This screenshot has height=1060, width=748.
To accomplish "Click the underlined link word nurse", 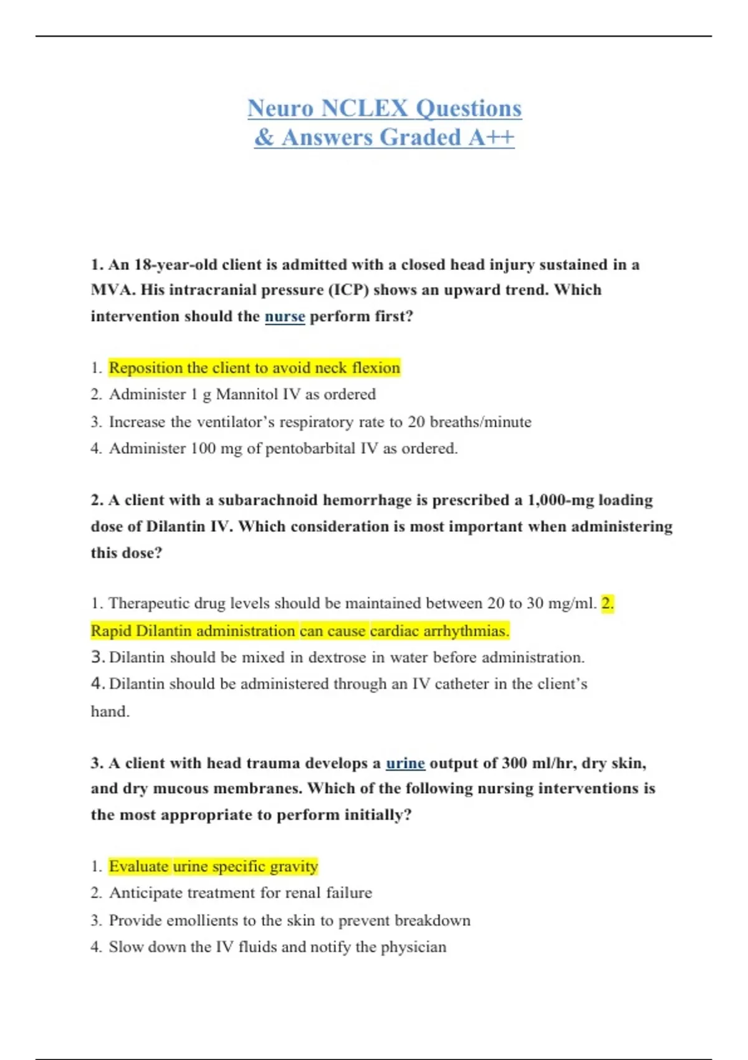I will (285, 317).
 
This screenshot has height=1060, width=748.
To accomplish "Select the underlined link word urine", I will (405, 763).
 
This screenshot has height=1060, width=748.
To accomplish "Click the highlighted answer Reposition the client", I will (254, 368).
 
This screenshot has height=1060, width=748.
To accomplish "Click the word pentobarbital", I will (310, 449).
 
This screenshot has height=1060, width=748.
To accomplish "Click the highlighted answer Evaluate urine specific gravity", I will (213, 867).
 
